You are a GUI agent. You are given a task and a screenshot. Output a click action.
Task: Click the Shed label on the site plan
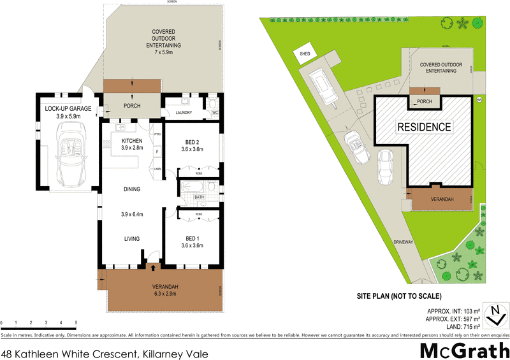tap(305, 55)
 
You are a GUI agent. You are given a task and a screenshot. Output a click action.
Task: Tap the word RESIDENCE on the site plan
tap(424, 126)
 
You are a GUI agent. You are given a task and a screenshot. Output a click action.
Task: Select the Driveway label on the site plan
tap(404, 241)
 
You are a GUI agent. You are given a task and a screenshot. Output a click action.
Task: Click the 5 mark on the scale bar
tap(76, 323)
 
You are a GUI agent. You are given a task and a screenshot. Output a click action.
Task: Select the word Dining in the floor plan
tap(133, 189)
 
